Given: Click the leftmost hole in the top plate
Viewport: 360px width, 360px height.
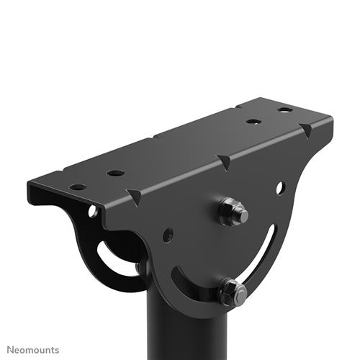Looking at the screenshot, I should pyautogui.click(x=77, y=186).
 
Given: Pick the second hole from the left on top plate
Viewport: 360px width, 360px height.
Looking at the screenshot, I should pyautogui.click(x=115, y=173).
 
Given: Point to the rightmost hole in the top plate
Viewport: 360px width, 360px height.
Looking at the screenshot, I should pyautogui.click(x=286, y=110).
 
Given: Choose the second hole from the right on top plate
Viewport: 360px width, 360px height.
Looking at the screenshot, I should pyautogui.click(x=253, y=122).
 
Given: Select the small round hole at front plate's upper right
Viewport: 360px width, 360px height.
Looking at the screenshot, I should pyautogui.click(x=279, y=188).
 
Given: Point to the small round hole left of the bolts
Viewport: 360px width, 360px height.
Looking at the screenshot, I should pyautogui.click(x=167, y=235).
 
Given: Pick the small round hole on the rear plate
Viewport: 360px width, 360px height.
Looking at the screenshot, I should pyautogui.click(x=93, y=212).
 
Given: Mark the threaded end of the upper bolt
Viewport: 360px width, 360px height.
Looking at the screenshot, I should pyautogui.click(x=243, y=214).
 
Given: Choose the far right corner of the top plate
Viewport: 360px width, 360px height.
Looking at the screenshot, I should pyautogui.click(x=332, y=116).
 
